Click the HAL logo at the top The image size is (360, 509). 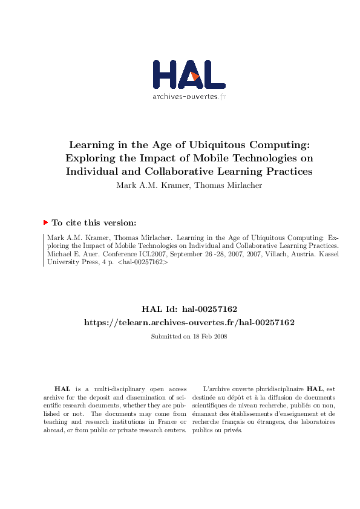click(x=189, y=75)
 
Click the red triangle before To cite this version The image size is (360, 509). click(x=45, y=222)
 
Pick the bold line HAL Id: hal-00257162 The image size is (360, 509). click(x=189, y=310)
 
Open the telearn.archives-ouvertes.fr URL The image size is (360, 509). click(x=189, y=323)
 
